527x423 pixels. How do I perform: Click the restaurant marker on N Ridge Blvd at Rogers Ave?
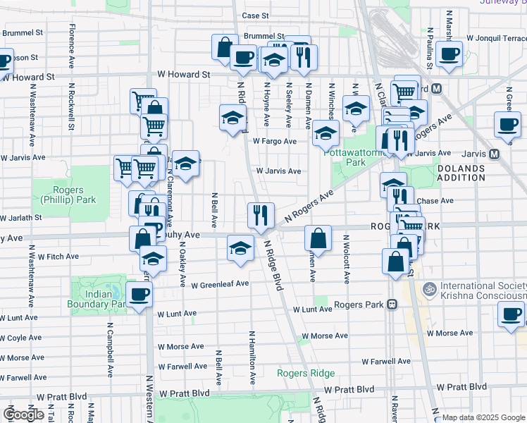tap(261, 215)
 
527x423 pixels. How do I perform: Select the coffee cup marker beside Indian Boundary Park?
tap(139, 295)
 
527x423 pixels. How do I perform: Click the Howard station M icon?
tap(437, 89)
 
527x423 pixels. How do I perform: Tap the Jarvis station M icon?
tap(495, 154)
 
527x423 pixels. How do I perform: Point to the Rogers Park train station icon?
tap(392, 305)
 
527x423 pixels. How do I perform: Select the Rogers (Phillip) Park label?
tap(68, 195)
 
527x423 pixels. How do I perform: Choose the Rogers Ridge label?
tap(306, 373)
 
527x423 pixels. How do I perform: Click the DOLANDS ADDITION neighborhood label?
tap(461, 174)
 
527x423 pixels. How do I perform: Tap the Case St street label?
tap(255, 15)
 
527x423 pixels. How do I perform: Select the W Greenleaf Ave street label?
tap(220, 284)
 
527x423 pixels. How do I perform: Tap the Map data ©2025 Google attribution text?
tap(483, 418)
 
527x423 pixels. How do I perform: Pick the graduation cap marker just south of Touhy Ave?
tap(240, 249)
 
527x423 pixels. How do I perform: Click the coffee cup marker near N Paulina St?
tap(448, 54)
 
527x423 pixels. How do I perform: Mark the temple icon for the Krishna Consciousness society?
tap(428, 288)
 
